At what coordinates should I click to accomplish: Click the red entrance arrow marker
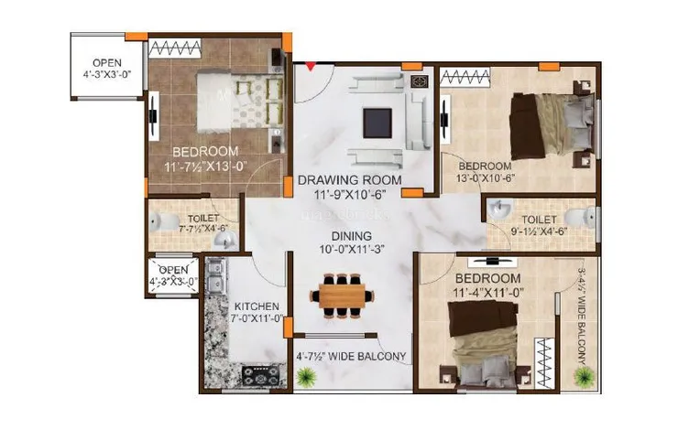tap(311, 66)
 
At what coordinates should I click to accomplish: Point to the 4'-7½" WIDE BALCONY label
tap(352, 357)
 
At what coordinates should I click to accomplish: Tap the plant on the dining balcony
tap(303, 374)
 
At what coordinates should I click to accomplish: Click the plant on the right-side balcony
tap(581, 374)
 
